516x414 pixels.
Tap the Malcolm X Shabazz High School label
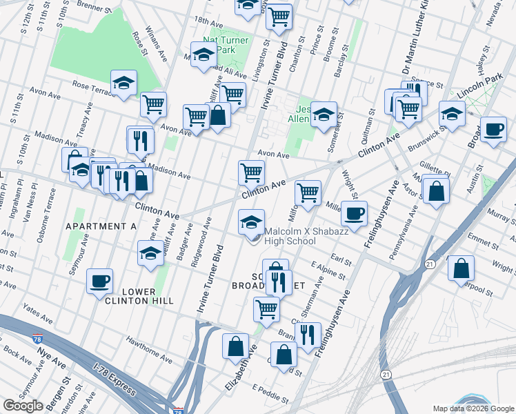[290, 237]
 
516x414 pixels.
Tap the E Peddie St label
[270, 393]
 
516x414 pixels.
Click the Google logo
[23, 406]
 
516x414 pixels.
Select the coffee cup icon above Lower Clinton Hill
[100, 281]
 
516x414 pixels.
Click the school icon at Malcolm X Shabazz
[251, 221]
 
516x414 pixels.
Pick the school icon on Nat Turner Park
[204, 56]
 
